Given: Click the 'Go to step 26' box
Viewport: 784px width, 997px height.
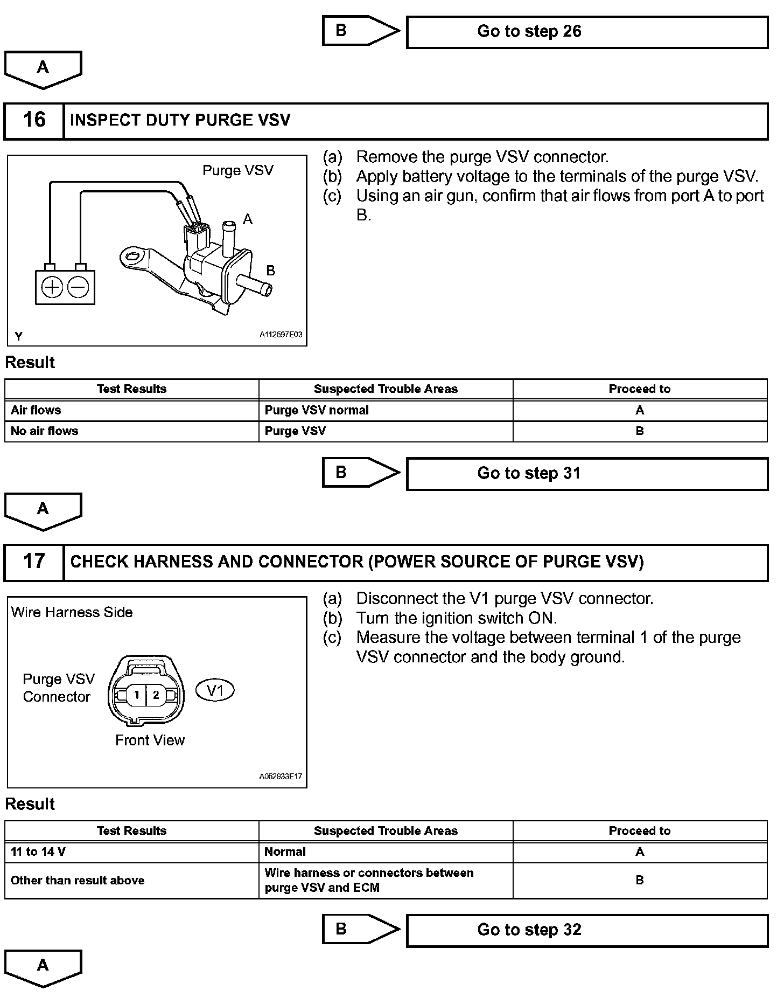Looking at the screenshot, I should (587, 32).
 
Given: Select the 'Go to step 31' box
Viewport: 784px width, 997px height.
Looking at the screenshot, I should (587, 474).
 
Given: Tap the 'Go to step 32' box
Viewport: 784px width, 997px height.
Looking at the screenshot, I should (587, 930).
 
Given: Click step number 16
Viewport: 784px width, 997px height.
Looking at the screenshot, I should (34, 120).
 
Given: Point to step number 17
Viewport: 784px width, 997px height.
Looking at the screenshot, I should (34, 562).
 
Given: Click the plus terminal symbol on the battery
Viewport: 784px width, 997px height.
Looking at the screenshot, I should (52, 287).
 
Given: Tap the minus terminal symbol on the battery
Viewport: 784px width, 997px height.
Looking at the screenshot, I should (79, 287).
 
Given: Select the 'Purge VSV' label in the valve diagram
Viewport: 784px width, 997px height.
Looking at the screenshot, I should (238, 170).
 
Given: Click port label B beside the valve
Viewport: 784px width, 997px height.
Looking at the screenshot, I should (271, 271).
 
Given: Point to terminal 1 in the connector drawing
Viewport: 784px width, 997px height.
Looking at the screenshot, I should (137, 695).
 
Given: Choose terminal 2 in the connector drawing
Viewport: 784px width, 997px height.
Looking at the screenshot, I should (156, 695).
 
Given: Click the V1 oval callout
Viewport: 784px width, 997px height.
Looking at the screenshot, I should (215, 690).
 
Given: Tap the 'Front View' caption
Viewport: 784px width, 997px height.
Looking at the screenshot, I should (150, 740).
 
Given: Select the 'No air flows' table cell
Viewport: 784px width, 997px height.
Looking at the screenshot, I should (45, 431).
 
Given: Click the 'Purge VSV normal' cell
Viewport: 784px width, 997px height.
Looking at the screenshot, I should (317, 410).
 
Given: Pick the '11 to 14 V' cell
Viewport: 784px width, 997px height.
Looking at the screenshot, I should (38, 852).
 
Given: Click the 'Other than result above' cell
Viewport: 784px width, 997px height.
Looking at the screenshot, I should (78, 881).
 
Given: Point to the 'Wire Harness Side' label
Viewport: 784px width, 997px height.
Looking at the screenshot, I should (72, 612).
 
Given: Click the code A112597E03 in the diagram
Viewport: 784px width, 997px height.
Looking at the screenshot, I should (281, 335).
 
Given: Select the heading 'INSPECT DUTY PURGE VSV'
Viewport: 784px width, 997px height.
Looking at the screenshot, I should (180, 120).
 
